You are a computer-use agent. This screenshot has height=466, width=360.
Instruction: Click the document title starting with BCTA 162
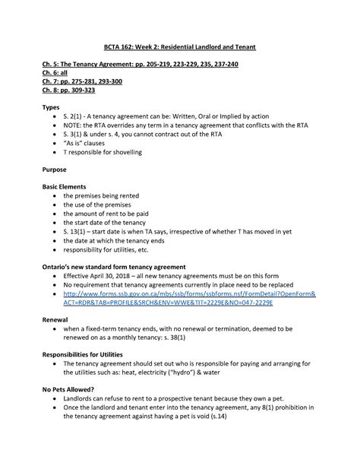click(x=180, y=47)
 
